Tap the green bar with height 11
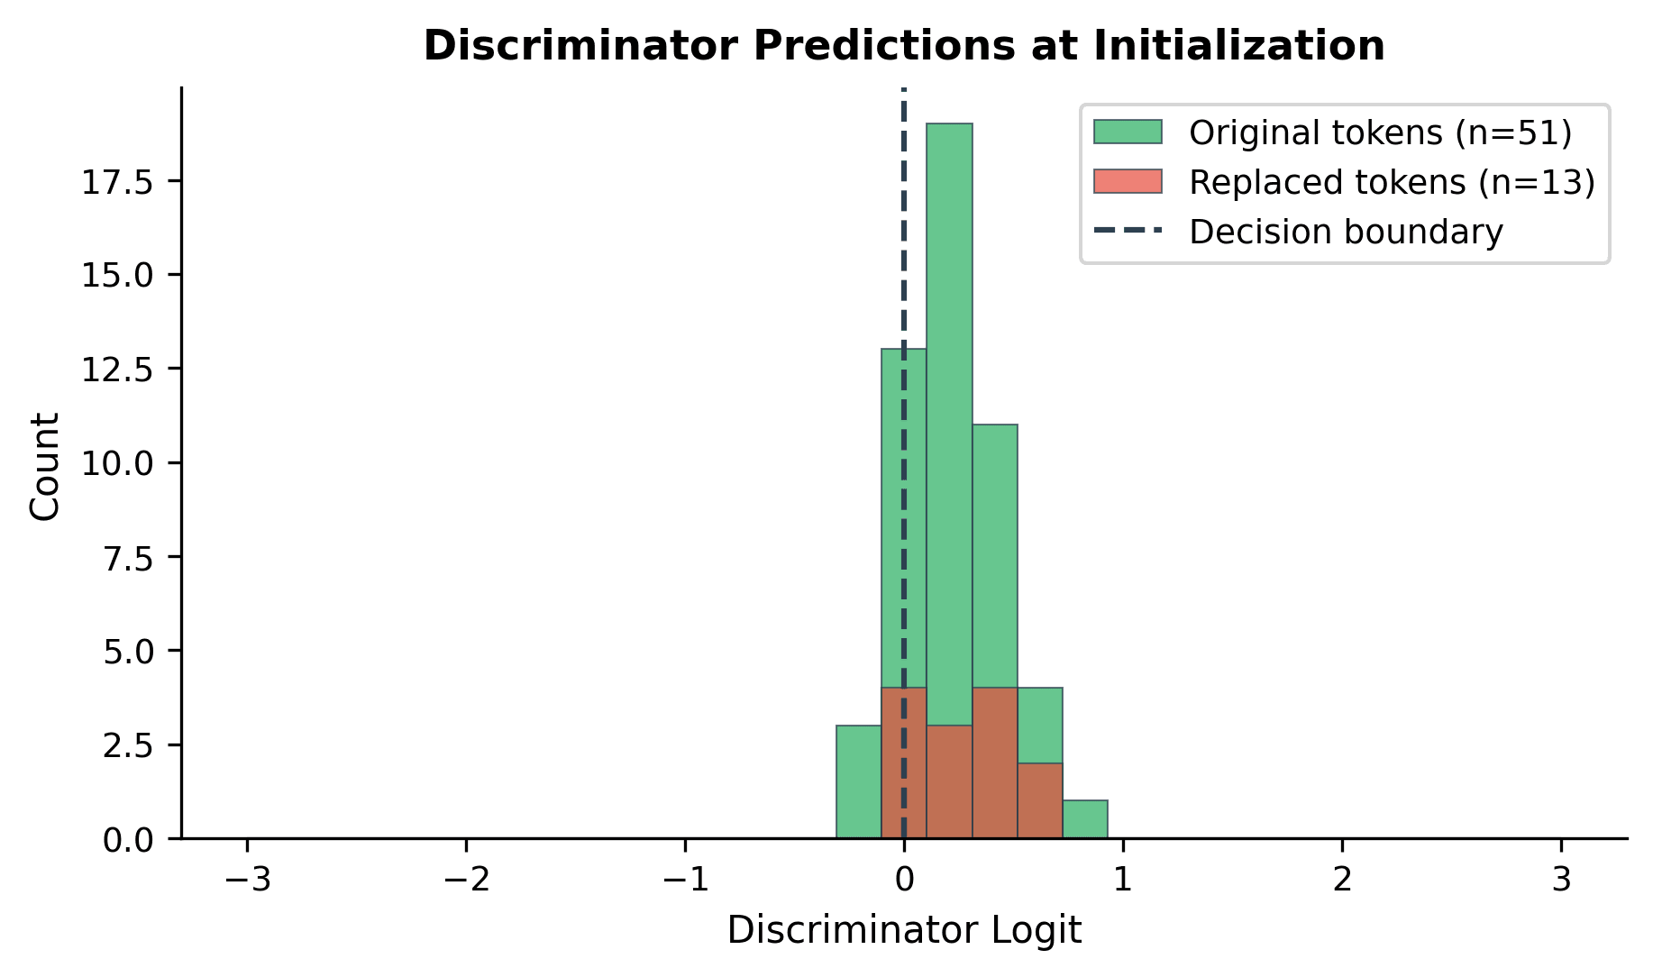click(x=995, y=550)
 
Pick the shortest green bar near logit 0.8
click(x=1085, y=819)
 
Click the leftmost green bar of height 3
click(x=858, y=781)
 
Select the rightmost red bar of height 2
click(x=1040, y=800)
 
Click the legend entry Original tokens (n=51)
click(x=1380, y=132)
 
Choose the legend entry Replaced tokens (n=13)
click(x=1392, y=182)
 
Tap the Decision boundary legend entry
click(x=1346, y=232)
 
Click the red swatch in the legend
click(x=1128, y=181)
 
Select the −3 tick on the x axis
click(x=247, y=879)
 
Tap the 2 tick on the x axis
click(x=1342, y=879)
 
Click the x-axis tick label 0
click(x=904, y=879)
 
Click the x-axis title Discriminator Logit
click(x=904, y=930)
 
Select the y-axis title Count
click(x=44, y=466)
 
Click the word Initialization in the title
click(x=1238, y=46)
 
